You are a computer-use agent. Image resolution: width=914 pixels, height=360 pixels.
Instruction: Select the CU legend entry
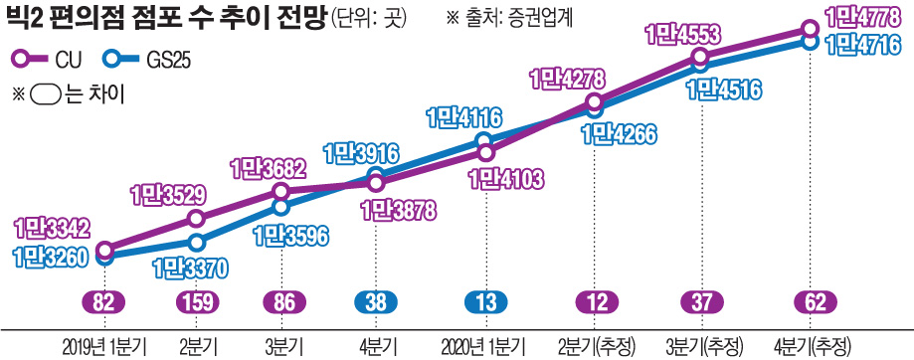[x=51, y=59]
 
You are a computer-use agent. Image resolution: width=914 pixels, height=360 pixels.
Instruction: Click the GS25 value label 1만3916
[x=361, y=154]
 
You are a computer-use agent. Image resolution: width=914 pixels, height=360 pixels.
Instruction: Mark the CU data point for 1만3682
[x=281, y=191]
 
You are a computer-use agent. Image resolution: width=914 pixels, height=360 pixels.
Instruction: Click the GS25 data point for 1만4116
[x=483, y=140]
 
